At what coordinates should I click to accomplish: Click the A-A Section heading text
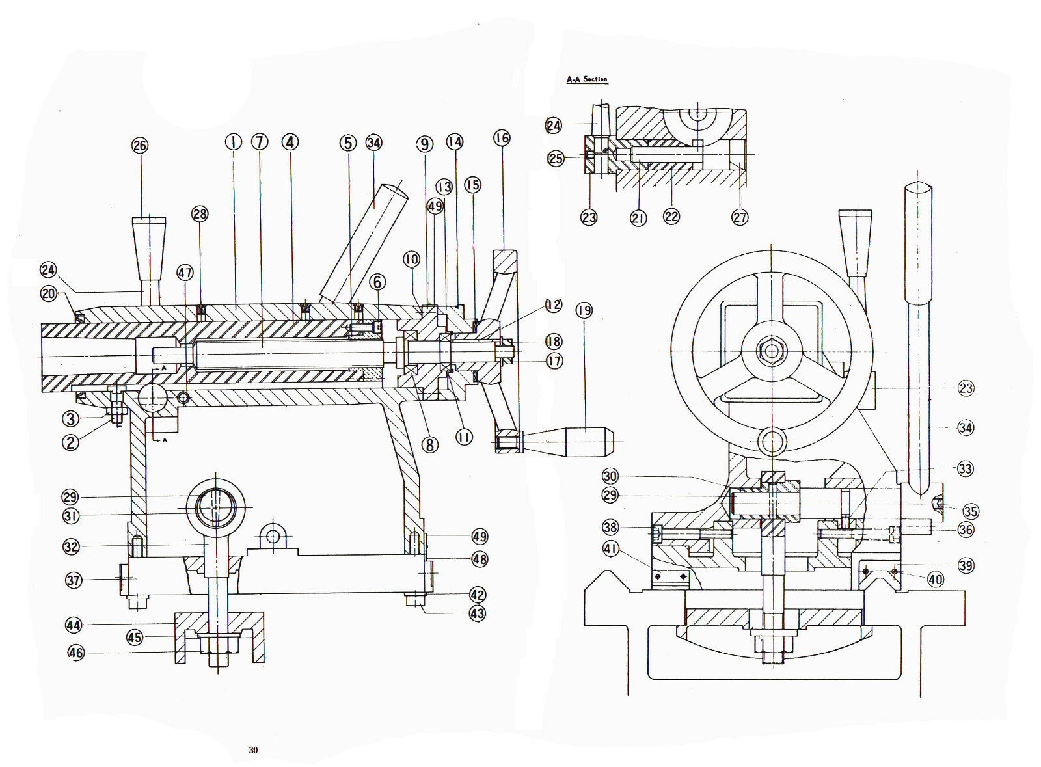point(586,79)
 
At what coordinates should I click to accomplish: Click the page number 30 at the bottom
point(253,750)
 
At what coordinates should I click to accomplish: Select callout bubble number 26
point(140,145)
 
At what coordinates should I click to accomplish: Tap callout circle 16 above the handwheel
point(502,138)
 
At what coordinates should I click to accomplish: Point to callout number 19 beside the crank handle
point(584,310)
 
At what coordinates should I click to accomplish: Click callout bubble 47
point(185,273)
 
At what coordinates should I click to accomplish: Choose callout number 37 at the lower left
point(74,580)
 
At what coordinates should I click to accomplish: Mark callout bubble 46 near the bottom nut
point(76,652)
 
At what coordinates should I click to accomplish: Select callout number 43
point(478,613)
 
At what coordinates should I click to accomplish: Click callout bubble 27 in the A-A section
point(740,217)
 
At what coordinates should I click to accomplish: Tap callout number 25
point(556,158)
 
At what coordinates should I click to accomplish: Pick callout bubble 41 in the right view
point(610,548)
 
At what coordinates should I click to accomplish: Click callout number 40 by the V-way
point(935,579)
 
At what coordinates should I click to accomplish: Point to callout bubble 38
point(610,527)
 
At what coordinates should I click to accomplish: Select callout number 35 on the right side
point(971,511)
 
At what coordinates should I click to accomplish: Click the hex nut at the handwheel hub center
point(771,352)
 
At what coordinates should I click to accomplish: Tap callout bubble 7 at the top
point(260,142)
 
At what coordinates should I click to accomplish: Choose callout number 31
point(70,516)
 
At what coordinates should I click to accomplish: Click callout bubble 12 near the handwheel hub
point(554,305)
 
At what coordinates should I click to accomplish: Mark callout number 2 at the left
point(70,442)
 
